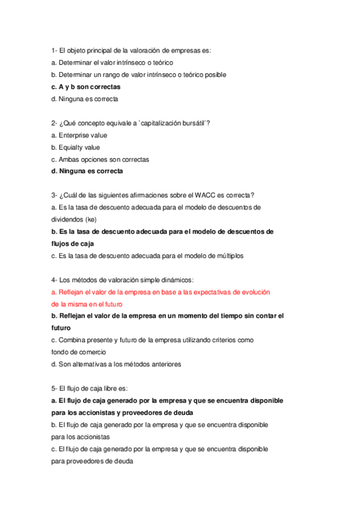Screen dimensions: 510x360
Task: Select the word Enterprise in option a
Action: (x=74, y=135)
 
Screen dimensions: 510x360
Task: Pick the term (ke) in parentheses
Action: (x=91, y=219)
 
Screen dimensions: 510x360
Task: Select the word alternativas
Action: (x=82, y=364)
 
